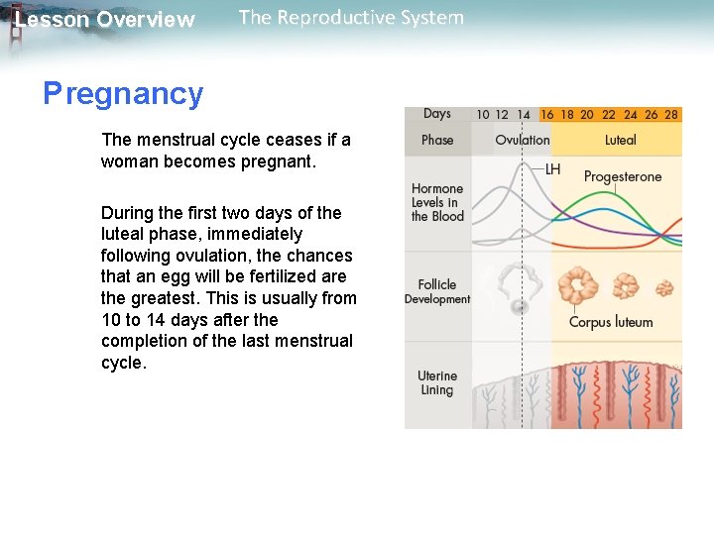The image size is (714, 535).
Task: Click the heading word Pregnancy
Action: click(x=123, y=94)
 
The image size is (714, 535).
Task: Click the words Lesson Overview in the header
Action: click(x=105, y=20)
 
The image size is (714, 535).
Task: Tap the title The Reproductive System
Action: click(x=351, y=18)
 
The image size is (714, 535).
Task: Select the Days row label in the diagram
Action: click(x=437, y=114)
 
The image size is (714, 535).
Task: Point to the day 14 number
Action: click(x=524, y=115)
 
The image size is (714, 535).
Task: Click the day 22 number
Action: click(x=609, y=115)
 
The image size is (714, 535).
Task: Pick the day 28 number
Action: click(x=671, y=115)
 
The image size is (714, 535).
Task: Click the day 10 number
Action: click(x=482, y=115)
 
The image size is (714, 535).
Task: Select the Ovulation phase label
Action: click(x=522, y=140)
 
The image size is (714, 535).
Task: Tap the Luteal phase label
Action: click(x=621, y=140)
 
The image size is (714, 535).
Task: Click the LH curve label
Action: click(x=552, y=169)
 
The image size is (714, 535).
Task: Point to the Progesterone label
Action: click(x=622, y=177)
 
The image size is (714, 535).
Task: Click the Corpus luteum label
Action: click(x=611, y=322)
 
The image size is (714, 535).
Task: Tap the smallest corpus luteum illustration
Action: click(x=664, y=288)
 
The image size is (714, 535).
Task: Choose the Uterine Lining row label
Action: click(x=437, y=383)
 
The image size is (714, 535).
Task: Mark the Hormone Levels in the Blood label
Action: click(x=437, y=202)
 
